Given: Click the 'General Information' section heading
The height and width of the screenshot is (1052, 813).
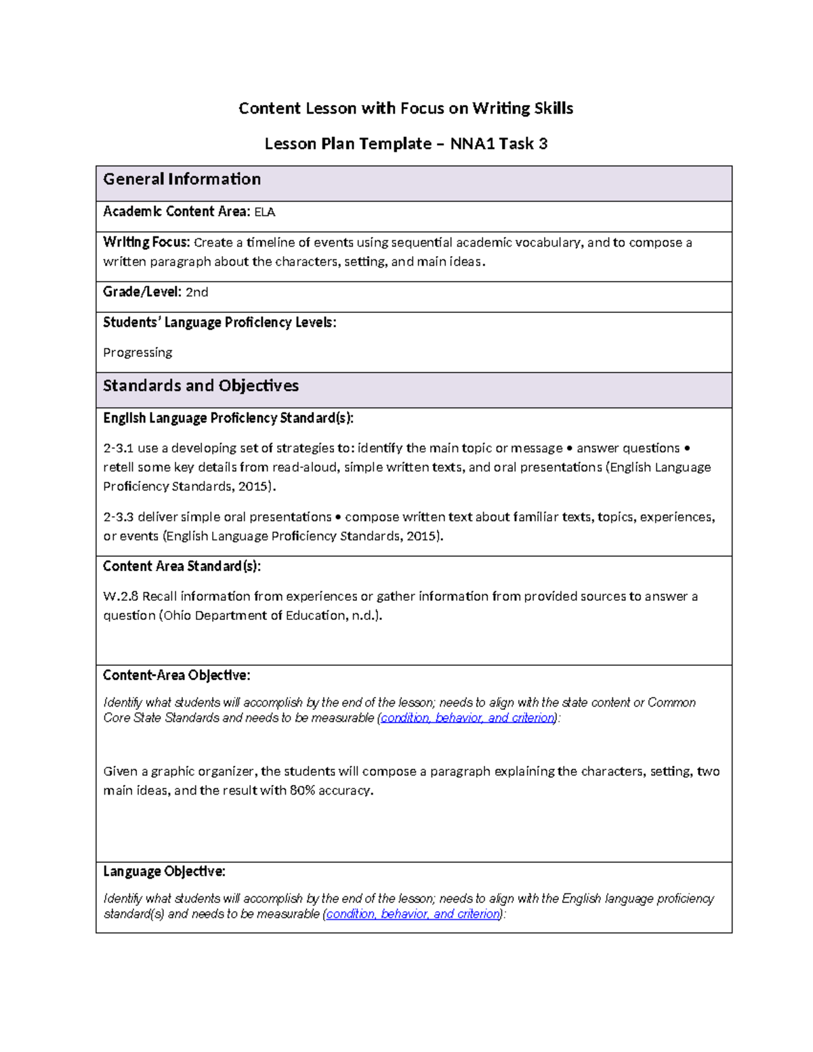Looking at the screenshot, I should [182, 180].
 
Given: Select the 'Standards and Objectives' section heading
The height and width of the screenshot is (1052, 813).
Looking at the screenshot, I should [201, 386].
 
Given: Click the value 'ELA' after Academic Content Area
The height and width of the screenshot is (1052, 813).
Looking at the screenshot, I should [264, 212].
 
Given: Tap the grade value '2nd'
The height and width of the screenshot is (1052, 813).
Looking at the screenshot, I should [196, 292].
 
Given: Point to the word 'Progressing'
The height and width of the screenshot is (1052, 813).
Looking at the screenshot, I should [138, 352].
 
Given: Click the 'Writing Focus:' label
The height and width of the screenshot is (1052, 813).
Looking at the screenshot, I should [146, 243].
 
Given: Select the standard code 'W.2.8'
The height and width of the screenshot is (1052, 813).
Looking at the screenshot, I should [121, 596].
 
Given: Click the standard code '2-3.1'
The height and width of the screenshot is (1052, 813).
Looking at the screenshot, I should [118, 448].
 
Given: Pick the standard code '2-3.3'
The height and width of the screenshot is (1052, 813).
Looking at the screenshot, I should [118, 517].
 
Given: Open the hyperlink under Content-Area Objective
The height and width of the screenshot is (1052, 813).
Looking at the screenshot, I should [467, 717].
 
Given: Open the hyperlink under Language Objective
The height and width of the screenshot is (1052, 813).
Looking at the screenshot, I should [413, 914].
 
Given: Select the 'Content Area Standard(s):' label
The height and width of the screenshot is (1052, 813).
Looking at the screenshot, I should [182, 566].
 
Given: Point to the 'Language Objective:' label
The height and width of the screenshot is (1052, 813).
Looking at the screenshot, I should [164, 871].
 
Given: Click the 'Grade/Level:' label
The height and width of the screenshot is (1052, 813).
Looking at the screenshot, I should [142, 292].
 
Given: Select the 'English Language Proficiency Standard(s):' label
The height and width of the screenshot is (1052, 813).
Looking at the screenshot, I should [228, 418].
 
